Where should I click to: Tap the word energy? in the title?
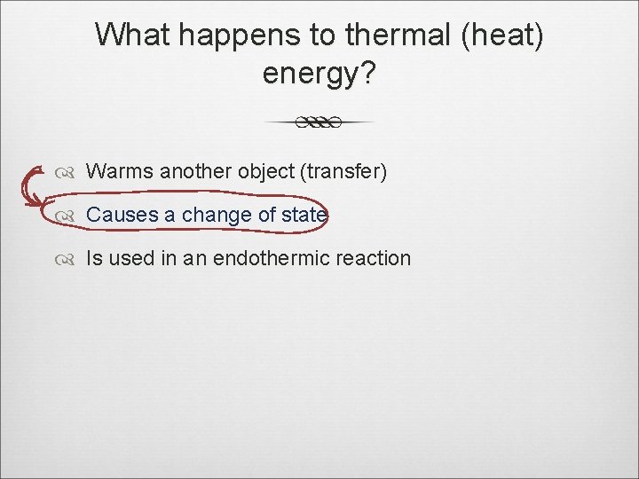click(319, 75)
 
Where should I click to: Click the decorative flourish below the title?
click(319, 122)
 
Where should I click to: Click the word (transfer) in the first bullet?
click(343, 171)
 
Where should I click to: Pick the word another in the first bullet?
click(197, 171)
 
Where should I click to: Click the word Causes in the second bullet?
click(122, 215)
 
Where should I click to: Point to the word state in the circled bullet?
click(306, 215)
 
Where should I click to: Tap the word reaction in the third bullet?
click(377, 258)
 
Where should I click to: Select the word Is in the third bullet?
click(92, 258)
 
